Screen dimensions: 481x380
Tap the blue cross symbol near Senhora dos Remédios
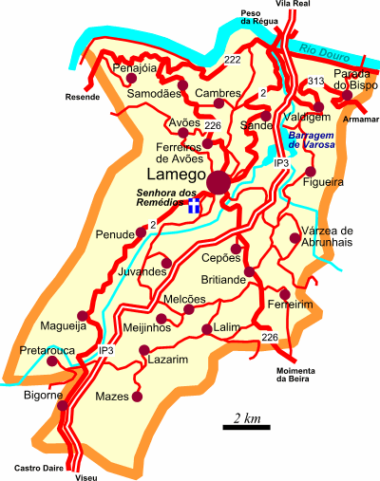point(194,206)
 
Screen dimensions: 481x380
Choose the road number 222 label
point(232,60)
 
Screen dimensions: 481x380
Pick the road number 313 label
point(315,83)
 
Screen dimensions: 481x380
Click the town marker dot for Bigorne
point(63,405)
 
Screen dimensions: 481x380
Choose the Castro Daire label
point(33,468)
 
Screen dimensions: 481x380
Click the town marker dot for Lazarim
point(144,351)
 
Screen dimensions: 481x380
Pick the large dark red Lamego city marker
point(220,182)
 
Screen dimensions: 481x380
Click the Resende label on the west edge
point(82,97)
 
